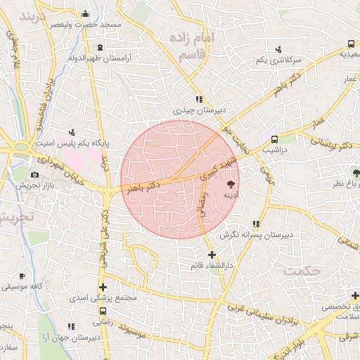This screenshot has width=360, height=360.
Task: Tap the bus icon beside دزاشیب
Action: [274, 139]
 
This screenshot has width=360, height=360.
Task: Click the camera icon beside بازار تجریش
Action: [34, 174]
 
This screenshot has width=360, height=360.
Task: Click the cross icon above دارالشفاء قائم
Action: [212, 255]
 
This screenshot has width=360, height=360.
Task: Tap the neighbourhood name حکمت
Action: [301, 270]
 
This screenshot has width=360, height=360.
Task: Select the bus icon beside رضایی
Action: [103, 310]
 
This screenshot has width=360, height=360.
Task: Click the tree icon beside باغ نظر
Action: [356, 171]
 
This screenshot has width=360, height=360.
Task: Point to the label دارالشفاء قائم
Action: [211, 266]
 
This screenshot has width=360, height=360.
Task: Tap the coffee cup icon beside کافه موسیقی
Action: [22, 276]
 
